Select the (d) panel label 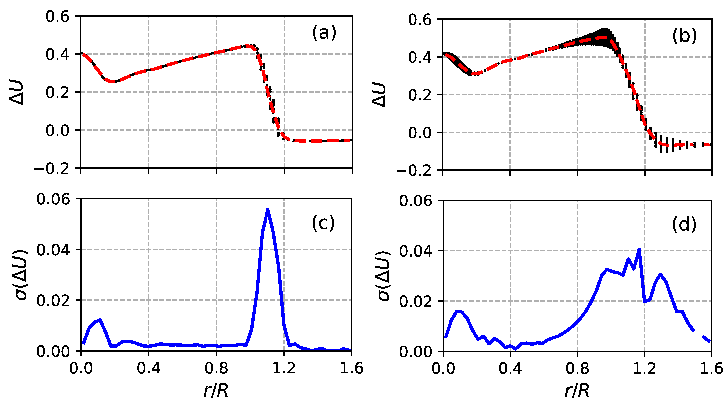coord(684,225)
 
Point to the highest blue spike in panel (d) coord(639,250)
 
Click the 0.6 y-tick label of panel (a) coord(57,16)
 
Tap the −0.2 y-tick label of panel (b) coord(414,171)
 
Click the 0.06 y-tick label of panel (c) coord(49,199)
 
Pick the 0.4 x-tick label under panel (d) coord(510,368)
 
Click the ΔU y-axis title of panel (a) coord(16,92)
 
